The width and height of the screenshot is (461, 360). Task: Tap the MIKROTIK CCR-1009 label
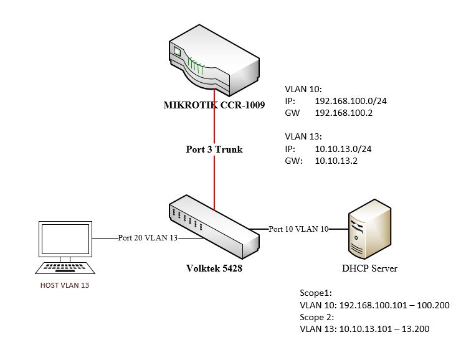pos(215,105)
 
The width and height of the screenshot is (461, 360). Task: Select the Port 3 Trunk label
pos(214,149)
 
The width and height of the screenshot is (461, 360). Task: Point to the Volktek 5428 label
pos(214,268)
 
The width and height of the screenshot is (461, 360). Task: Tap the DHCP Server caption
pos(369,268)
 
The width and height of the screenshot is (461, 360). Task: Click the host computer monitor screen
pos(65,239)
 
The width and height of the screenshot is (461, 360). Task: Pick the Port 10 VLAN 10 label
pos(298,229)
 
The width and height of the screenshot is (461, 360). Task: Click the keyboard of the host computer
pos(65,268)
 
